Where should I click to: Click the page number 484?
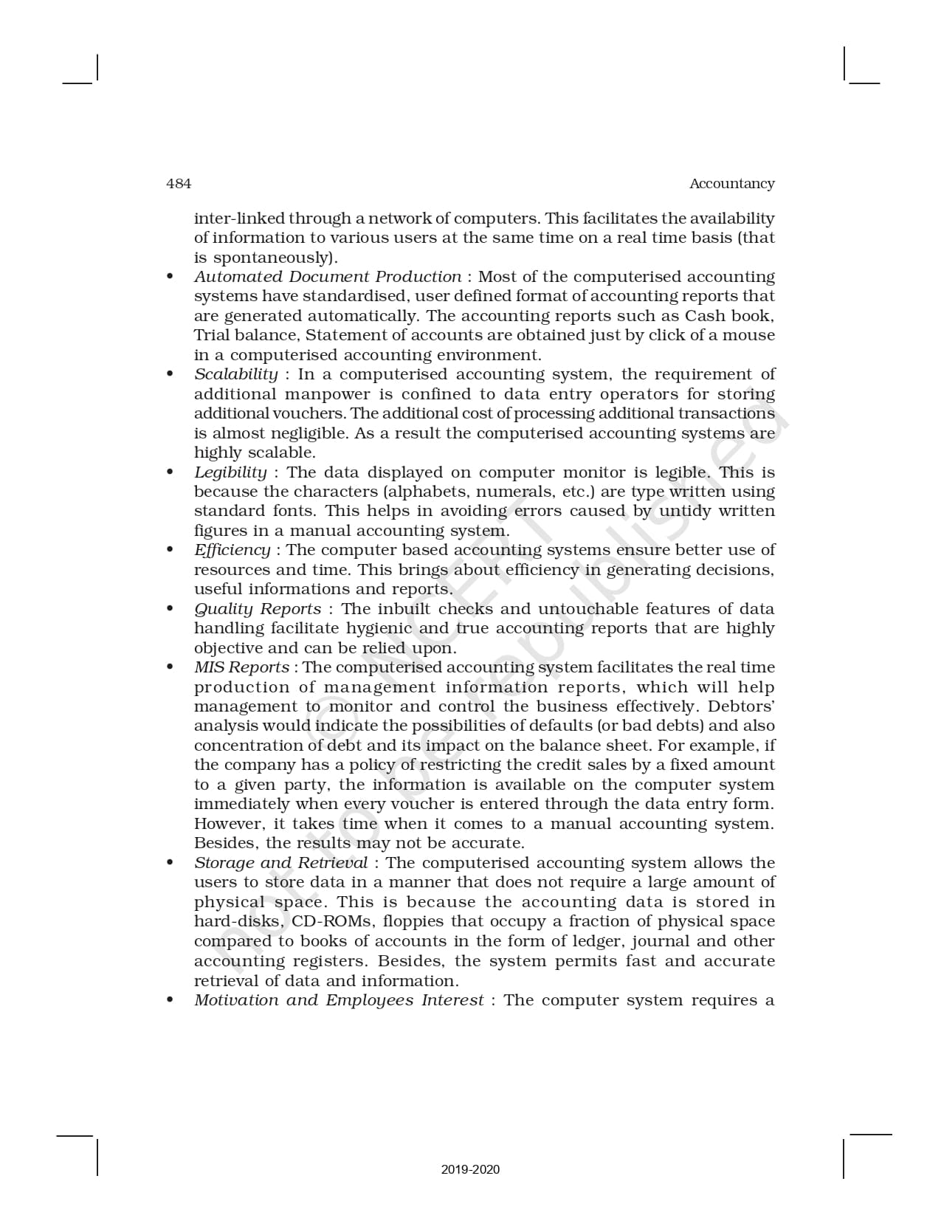pyautogui.click(x=179, y=184)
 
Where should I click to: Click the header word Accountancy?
pyautogui.click(x=731, y=184)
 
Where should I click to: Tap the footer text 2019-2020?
pyautogui.click(x=470, y=1169)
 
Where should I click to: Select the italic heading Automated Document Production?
pyautogui.click(x=328, y=277)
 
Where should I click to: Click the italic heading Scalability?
pyautogui.click(x=236, y=374)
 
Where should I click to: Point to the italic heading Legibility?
pyautogui.click(x=230, y=472)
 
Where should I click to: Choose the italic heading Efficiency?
pyautogui.click(x=232, y=550)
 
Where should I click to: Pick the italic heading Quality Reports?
pyautogui.click(x=258, y=609)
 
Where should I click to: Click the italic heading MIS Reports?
pyautogui.click(x=241, y=667)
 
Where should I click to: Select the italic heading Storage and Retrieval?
pyautogui.click(x=280, y=863)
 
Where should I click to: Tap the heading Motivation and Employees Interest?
pyautogui.click(x=339, y=1000)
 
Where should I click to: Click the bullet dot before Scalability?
pyautogui.click(x=170, y=374)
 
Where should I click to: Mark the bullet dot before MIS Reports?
pyautogui.click(x=170, y=667)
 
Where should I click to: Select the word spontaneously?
pyautogui.click(x=273, y=258)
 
